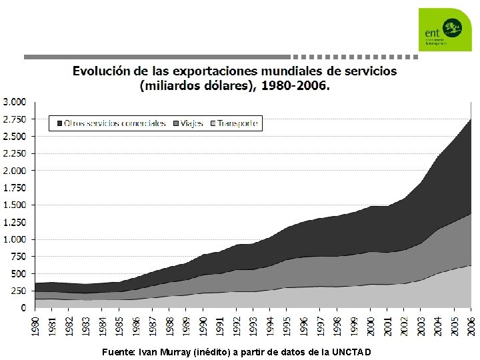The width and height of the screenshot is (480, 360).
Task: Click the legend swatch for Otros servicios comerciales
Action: tap(61, 123)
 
